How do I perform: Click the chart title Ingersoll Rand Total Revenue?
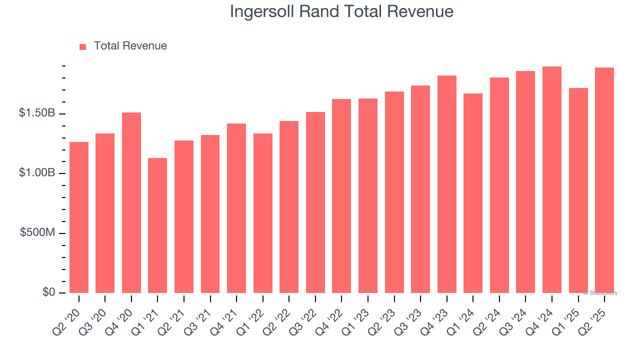[x=341, y=11]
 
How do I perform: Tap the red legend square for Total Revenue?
[x=83, y=46]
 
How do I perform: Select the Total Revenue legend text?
[x=130, y=46]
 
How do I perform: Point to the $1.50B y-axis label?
[x=37, y=113]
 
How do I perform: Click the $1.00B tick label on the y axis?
[x=37, y=173]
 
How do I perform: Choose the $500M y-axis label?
[x=37, y=233]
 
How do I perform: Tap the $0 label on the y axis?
[x=47, y=292]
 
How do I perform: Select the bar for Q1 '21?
[x=157, y=225]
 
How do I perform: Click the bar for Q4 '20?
[x=131, y=202]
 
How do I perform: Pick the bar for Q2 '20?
[x=79, y=217]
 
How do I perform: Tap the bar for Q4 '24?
[x=552, y=180]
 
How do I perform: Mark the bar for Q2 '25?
[x=604, y=180]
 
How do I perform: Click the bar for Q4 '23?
[x=447, y=184]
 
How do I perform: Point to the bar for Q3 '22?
[x=315, y=202]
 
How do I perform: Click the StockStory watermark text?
[x=600, y=293]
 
